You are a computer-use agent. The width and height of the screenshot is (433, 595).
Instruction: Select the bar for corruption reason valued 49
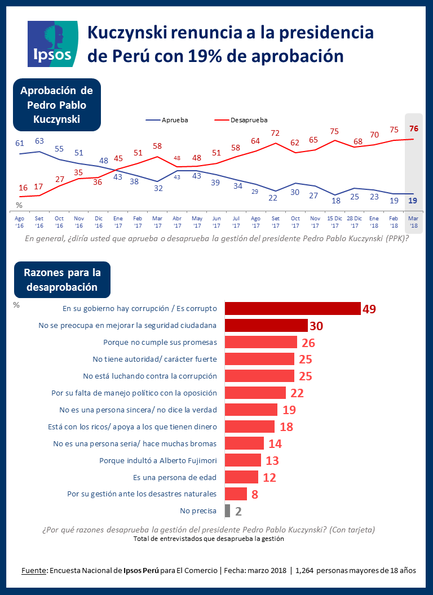293,308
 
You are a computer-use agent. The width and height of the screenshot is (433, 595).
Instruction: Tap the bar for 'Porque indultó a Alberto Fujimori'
243,460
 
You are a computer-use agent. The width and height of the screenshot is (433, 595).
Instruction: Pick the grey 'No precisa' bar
227,511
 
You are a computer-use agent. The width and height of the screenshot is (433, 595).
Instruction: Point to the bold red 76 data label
414,128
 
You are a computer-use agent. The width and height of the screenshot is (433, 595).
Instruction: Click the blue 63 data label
39,141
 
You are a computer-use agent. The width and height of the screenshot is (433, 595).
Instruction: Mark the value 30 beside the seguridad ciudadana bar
316,326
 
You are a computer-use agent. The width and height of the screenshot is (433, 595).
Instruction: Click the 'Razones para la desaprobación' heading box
62,279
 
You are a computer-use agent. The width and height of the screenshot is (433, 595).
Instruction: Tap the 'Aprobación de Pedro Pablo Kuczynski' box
57,105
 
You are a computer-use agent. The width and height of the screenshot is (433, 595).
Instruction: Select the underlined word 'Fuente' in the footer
34,570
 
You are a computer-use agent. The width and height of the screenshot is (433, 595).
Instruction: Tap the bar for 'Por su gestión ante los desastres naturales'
236,494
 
